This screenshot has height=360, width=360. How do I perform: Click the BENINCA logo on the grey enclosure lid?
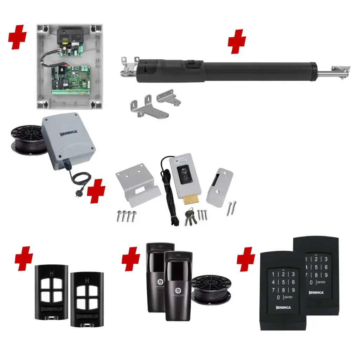60,134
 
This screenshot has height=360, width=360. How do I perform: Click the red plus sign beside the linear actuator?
237,42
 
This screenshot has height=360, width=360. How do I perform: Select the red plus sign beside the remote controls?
24,258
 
